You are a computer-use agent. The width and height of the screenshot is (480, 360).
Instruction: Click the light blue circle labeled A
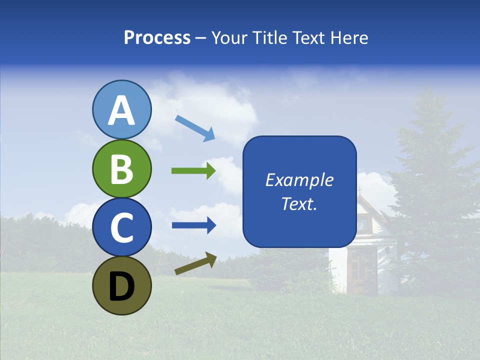click(122, 109)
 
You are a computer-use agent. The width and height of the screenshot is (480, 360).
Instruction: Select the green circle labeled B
click(122, 168)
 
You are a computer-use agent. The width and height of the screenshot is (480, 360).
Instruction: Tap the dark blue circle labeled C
click(122, 227)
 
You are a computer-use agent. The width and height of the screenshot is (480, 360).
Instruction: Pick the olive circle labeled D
click(122, 285)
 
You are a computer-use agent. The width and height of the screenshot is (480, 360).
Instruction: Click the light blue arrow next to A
click(195, 128)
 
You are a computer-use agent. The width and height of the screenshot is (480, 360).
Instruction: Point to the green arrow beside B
click(193, 171)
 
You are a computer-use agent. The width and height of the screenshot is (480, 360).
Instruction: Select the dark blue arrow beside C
click(193, 225)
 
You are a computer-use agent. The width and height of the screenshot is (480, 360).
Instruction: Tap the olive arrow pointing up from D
click(195, 263)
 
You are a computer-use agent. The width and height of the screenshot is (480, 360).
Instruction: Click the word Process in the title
click(157, 38)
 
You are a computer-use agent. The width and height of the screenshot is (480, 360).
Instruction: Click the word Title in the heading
click(270, 38)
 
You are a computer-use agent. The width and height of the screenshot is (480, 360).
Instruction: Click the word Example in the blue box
click(299, 180)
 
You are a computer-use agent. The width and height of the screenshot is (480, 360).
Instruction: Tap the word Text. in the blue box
click(299, 203)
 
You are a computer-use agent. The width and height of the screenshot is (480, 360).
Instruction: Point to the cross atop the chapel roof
click(359, 190)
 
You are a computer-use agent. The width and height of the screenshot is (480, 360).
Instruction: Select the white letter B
click(122, 168)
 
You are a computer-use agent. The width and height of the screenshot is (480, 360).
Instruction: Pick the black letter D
click(122, 286)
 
